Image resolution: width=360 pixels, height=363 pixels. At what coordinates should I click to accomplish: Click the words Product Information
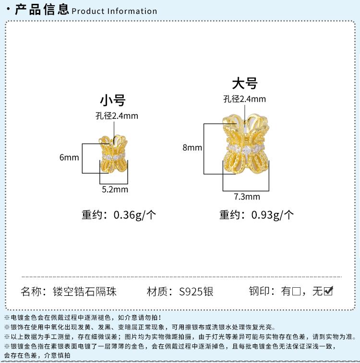tap(114, 11)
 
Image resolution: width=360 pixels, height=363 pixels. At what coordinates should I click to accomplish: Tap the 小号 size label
tap(112, 100)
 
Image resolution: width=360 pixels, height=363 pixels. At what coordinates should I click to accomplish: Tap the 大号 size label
tap(245, 83)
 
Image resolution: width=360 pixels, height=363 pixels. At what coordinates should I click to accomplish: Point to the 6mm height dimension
tap(69, 157)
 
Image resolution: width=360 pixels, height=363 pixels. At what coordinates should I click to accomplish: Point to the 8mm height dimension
tap(192, 148)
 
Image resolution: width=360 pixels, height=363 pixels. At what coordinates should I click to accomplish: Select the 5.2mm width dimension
tap(115, 189)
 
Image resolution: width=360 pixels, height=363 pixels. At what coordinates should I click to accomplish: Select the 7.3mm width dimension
tap(247, 197)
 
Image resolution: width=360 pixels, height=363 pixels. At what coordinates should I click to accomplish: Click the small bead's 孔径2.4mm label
tap(117, 116)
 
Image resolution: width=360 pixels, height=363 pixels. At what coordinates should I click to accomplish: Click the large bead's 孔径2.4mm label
tap(244, 99)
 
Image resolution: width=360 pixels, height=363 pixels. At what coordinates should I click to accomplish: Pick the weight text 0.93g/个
tap(273, 215)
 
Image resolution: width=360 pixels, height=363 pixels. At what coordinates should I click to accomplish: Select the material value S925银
tap(196, 291)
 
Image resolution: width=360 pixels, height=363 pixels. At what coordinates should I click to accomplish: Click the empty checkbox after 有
tap(296, 291)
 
